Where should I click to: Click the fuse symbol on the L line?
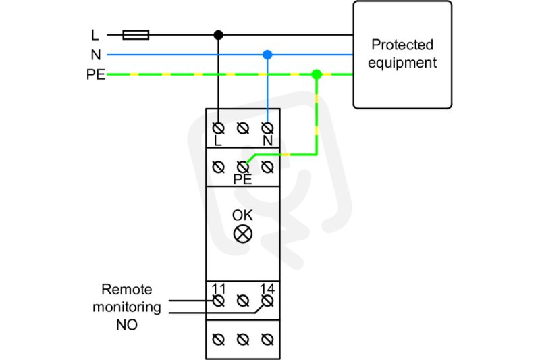[x=136, y=35]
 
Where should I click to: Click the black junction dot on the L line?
[x=218, y=35]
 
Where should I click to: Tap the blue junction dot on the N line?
[x=267, y=55]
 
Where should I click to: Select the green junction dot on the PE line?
[x=317, y=74]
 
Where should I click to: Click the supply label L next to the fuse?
[x=95, y=35]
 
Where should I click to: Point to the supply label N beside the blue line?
[x=96, y=55]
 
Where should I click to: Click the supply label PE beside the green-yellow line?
[x=96, y=74]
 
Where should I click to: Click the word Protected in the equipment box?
[x=402, y=45]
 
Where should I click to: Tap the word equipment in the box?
[x=402, y=63]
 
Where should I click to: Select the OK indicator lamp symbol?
[x=243, y=234]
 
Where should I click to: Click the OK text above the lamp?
[x=242, y=215]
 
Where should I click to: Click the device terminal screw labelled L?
[x=218, y=128]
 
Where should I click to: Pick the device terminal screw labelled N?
[x=267, y=128]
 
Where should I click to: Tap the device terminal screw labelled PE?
[x=243, y=168]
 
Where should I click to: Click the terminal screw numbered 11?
[x=218, y=301]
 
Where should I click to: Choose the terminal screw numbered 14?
[x=267, y=301]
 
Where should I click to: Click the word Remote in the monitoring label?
[x=127, y=289]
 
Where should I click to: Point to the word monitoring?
[x=127, y=307]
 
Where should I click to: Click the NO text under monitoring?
[x=127, y=325]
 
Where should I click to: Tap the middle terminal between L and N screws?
[x=243, y=128]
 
